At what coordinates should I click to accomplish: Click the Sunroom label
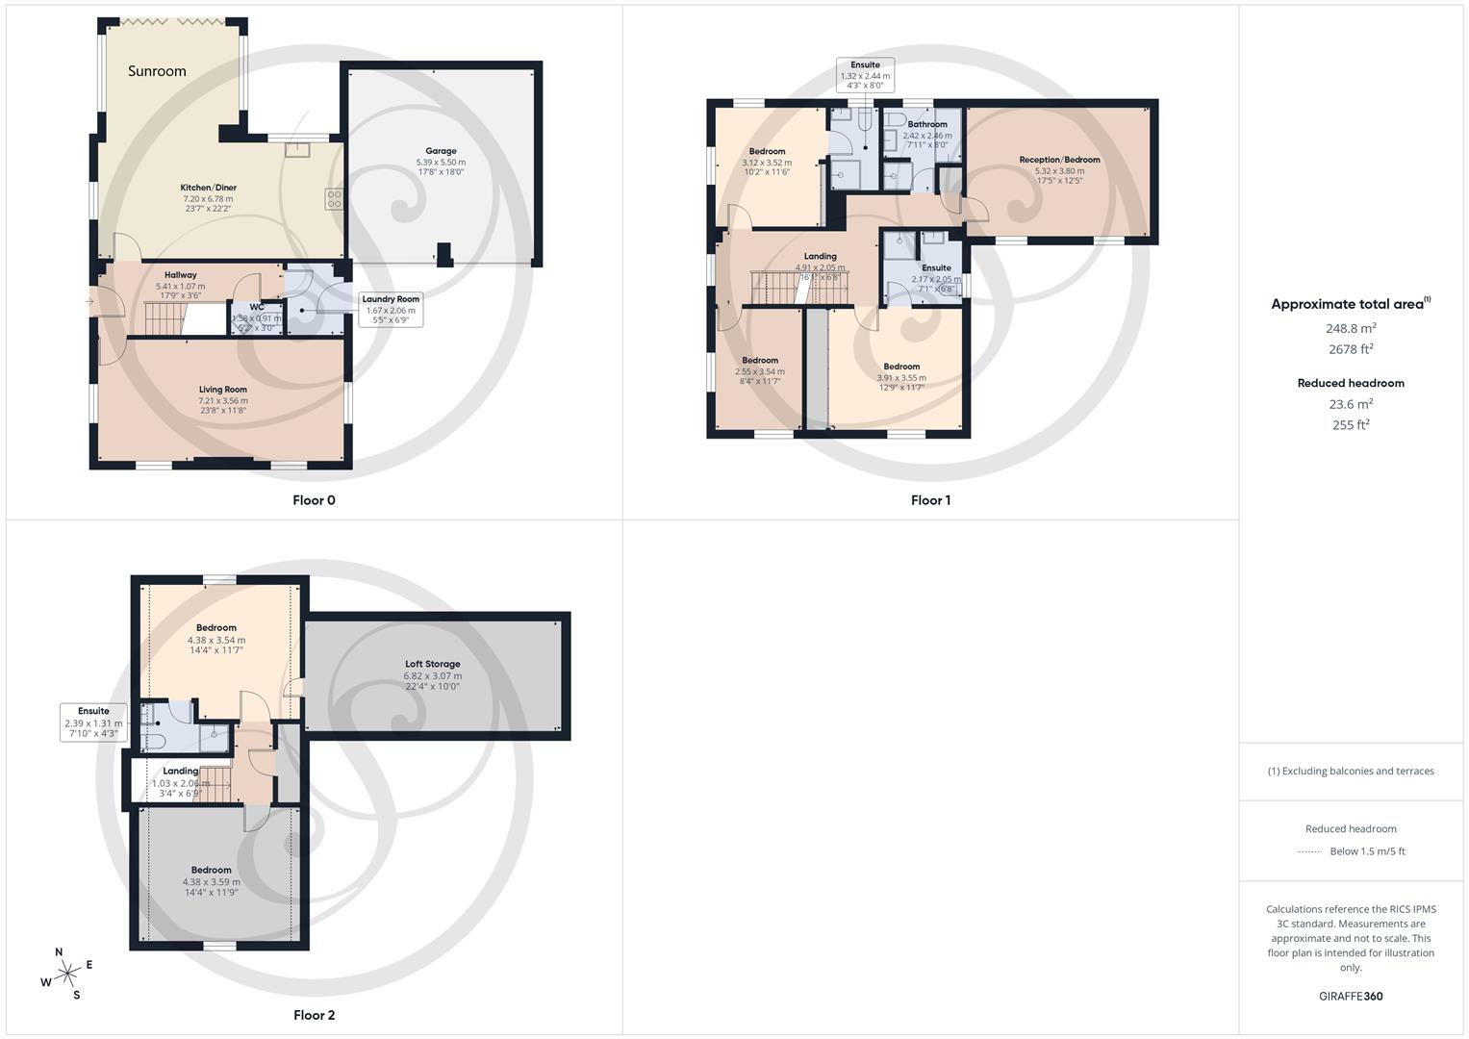click(157, 71)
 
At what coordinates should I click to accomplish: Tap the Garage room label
click(441, 151)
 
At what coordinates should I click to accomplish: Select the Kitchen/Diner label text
click(208, 188)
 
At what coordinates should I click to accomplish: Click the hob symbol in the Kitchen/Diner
click(334, 199)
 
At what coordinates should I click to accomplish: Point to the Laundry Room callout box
click(390, 309)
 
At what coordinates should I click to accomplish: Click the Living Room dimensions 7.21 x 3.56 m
click(223, 400)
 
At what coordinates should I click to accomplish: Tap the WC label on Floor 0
click(257, 308)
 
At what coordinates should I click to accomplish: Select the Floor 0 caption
click(314, 500)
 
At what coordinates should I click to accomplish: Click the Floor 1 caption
click(930, 500)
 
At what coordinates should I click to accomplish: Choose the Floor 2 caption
click(314, 1015)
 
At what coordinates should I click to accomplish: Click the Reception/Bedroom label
click(1059, 160)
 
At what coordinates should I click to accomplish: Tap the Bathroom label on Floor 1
click(927, 124)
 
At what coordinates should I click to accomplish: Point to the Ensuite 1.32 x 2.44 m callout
click(865, 75)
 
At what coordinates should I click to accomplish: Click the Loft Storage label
click(432, 664)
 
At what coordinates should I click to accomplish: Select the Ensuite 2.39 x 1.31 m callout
click(93, 722)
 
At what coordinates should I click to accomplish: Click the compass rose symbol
click(67, 974)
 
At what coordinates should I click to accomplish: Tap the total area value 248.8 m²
click(1351, 328)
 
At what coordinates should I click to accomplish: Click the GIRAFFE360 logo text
click(1351, 996)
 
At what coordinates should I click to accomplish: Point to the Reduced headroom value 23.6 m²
click(1351, 404)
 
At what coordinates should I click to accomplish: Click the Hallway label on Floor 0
click(180, 275)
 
